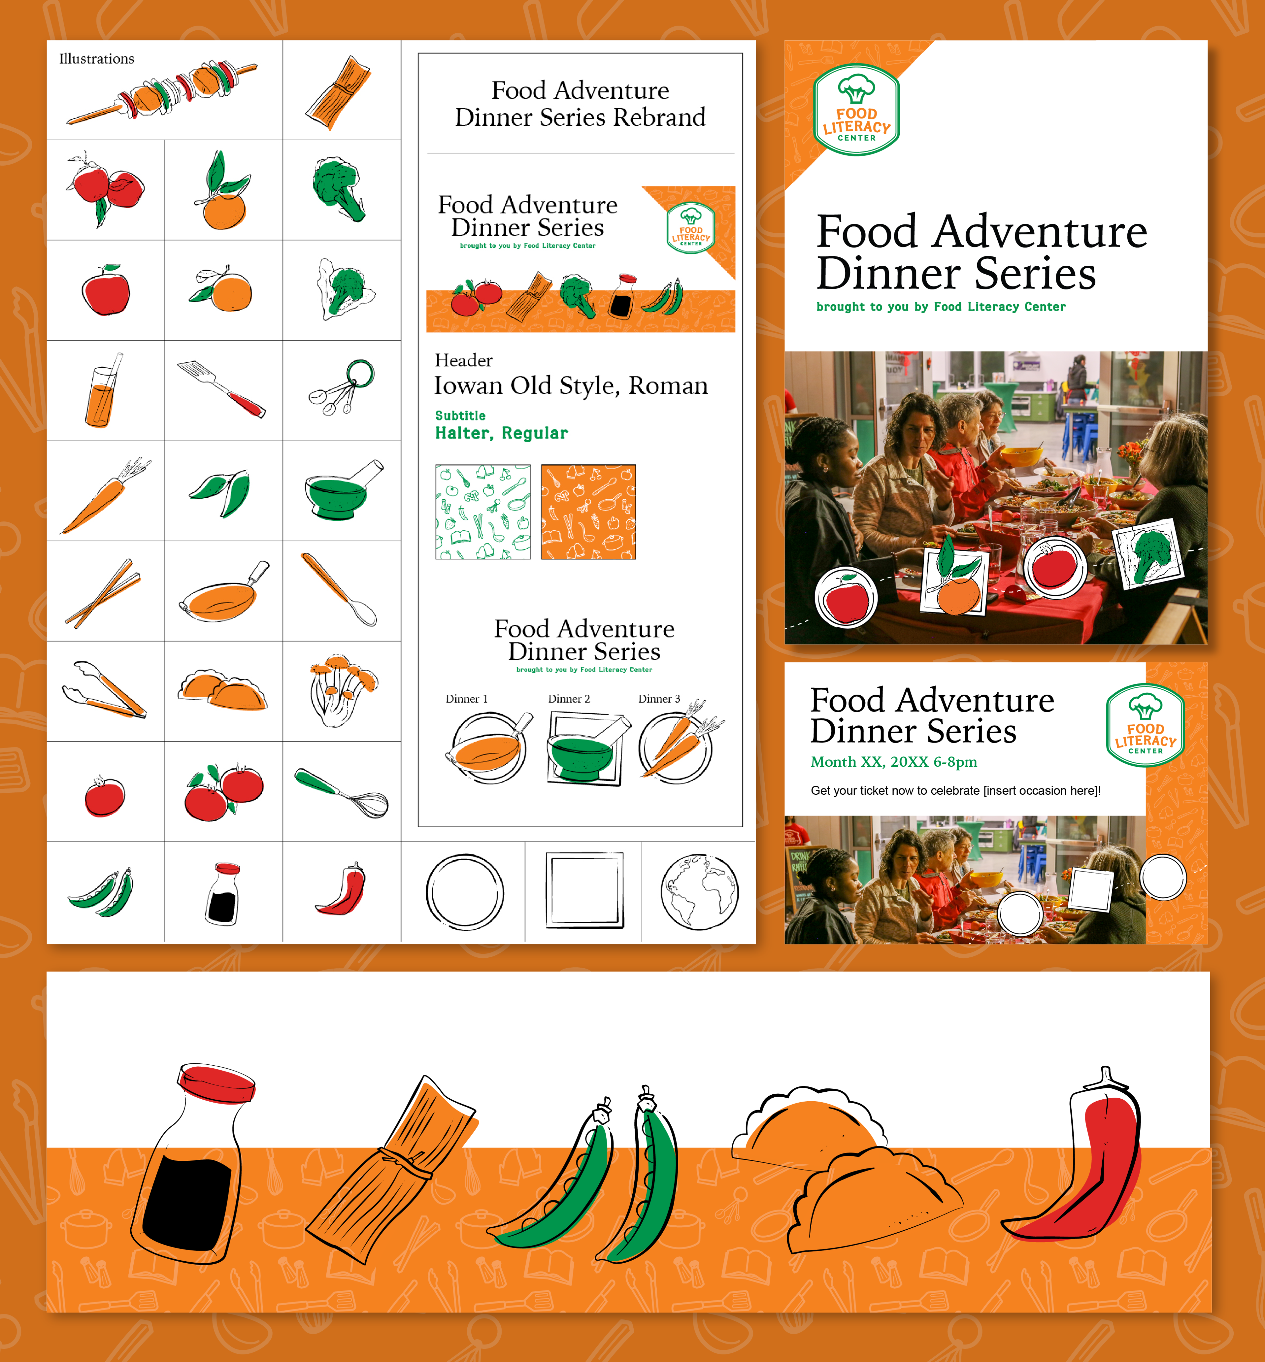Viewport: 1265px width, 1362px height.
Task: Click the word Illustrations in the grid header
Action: click(x=96, y=59)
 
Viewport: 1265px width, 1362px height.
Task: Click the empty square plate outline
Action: click(x=584, y=890)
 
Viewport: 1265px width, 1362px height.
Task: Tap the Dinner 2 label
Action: click(x=569, y=699)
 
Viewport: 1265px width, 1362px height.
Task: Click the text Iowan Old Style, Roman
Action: click(x=571, y=386)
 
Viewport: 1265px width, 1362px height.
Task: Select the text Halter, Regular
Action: click(x=502, y=433)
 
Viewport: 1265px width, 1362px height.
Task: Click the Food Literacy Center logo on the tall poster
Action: click(x=856, y=109)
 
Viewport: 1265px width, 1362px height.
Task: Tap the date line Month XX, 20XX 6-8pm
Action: click(x=893, y=762)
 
